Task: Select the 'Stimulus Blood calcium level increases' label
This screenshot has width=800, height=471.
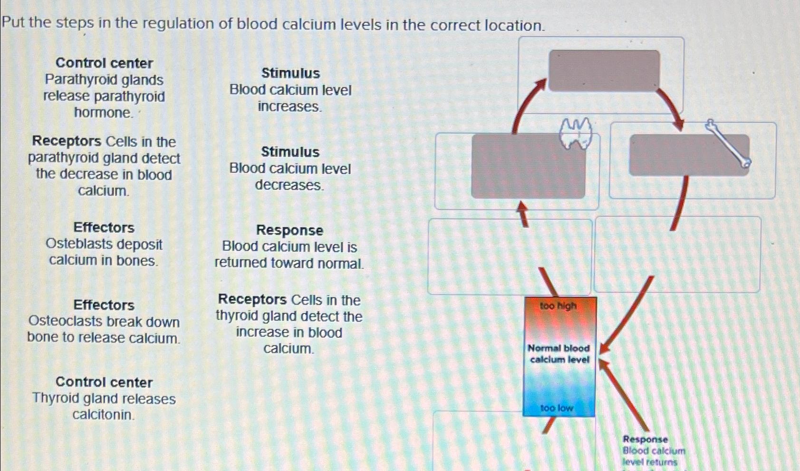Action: point(290,90)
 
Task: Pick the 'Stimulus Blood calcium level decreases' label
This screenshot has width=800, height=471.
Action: point(290,168)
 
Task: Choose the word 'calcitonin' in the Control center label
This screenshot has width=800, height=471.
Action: point(103,415)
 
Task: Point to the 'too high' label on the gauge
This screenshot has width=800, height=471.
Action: point(558,306)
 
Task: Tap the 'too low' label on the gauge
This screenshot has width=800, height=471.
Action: point(557,408)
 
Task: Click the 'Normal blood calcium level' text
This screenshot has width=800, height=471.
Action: point(559,354)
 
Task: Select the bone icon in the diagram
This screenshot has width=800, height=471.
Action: point(728,144)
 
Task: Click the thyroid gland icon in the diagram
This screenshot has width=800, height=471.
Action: point(576,133)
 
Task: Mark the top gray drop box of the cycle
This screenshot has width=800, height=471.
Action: point(604,70)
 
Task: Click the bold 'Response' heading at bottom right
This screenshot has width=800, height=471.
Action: point(645,439)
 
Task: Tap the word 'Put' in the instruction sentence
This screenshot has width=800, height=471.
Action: point(13,22)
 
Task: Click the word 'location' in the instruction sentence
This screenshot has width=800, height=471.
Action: point(513,25)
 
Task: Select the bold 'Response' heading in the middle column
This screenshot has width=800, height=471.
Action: point(289,230)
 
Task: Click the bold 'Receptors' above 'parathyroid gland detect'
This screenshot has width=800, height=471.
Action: point(67,141)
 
